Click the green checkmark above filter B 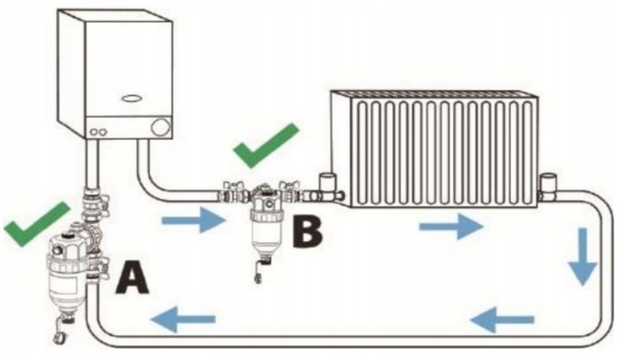tap(266, 145)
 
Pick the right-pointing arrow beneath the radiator tap(450, 228)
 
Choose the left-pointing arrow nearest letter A tap(181, 321)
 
